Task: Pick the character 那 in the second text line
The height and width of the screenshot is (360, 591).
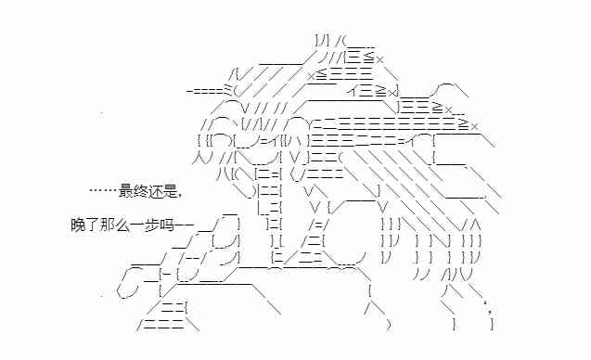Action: coord(105,225)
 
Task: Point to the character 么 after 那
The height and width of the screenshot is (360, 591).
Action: coord(119,225)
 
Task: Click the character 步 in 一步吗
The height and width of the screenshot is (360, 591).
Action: coord(147,225)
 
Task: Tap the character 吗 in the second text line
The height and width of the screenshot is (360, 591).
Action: coord(161,225)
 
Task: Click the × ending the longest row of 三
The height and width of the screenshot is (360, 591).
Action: coord(474,125)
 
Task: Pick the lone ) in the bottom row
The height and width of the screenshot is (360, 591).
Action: coord(388,325)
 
